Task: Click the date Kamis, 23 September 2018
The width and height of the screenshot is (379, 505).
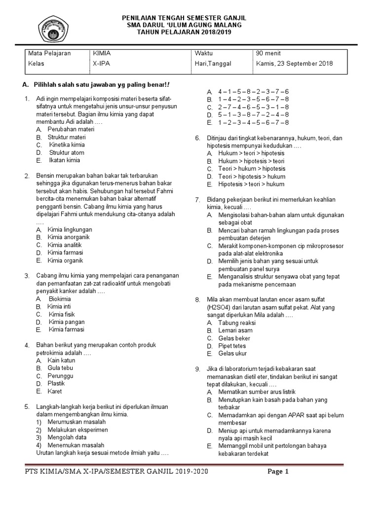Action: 294,64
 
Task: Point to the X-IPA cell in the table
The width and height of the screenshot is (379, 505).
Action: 102,64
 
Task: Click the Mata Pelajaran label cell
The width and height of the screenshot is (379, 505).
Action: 49,53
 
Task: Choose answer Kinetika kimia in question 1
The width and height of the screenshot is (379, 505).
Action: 67,145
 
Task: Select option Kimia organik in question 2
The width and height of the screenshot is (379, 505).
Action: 65,260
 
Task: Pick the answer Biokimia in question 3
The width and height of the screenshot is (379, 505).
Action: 60,299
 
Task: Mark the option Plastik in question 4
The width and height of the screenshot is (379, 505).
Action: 56,383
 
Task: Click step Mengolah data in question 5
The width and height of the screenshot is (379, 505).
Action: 67,437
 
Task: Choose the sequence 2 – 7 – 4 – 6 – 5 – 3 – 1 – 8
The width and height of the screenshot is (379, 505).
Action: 254,107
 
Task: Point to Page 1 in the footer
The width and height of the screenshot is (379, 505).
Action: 278,471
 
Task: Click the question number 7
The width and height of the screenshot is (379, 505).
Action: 197,200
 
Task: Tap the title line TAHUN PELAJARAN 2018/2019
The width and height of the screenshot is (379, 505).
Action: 184,32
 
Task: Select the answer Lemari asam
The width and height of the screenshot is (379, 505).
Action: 235,330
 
